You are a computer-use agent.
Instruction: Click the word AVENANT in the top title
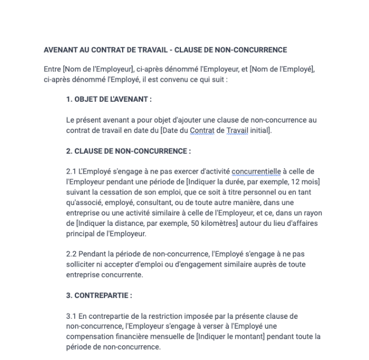pos(60,50)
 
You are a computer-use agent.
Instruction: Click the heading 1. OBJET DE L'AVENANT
pos(108,99)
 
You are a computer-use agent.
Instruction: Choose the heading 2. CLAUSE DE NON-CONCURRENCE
pos(128,151)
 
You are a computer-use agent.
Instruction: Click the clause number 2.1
pos(71,171)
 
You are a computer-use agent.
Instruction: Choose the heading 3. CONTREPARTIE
pos(99,295)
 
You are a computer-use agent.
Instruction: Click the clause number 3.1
pos(71,316)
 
